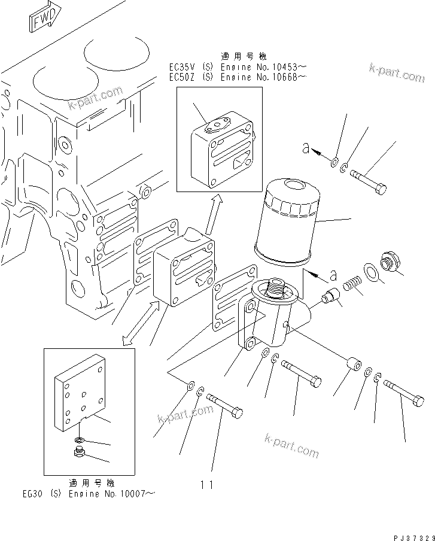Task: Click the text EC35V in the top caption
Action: pos(182,68)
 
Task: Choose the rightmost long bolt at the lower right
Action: pos(402,393)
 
